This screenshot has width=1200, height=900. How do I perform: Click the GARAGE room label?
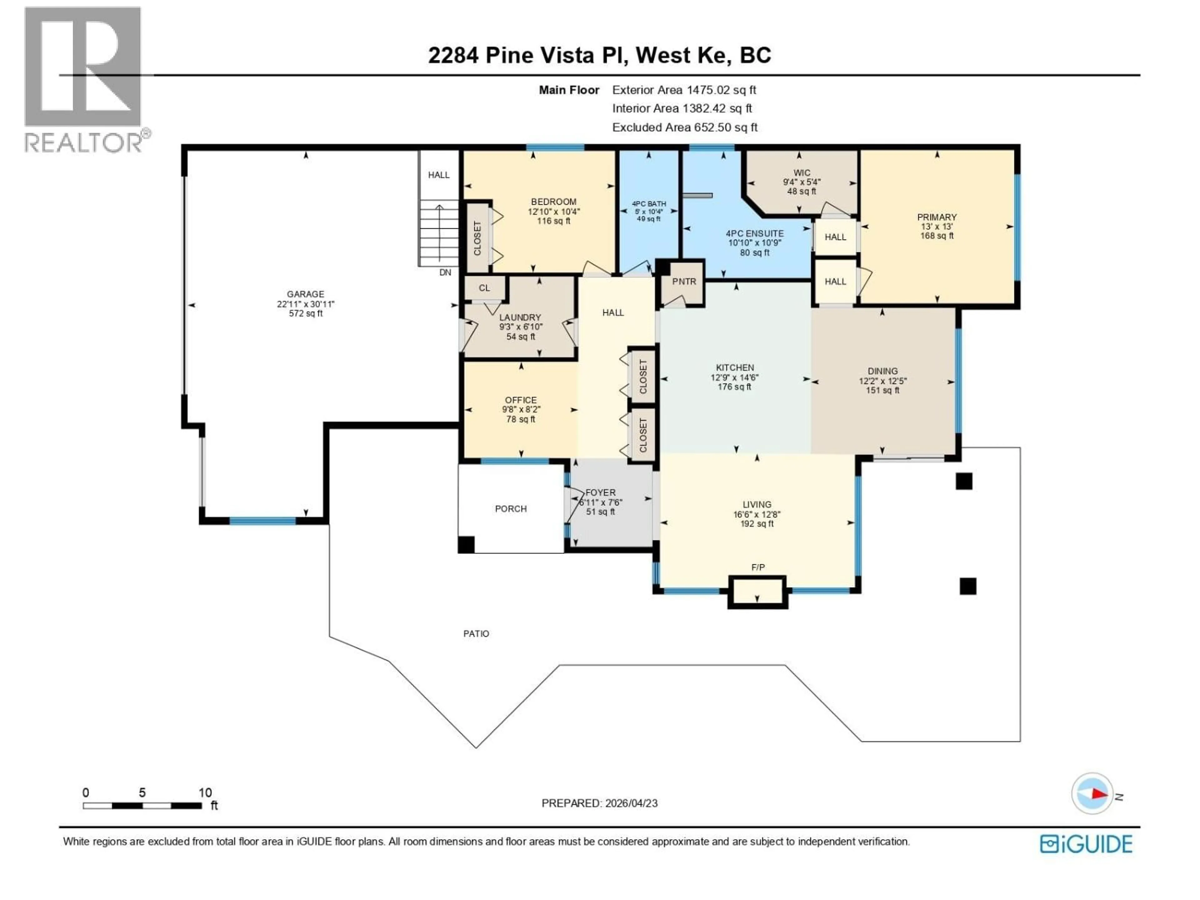coord(305,294)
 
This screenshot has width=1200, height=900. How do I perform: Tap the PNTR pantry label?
coord(683,282)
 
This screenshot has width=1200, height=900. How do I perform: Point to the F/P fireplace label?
coord(758,567)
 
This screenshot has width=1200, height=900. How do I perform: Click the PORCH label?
coord(511,509)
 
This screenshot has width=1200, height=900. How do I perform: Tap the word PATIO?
coord(476,634)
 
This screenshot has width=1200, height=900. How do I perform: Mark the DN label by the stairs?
coord(445,272)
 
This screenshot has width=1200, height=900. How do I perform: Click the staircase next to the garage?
coord(438,233)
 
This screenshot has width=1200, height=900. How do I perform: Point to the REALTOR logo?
coord(84,81)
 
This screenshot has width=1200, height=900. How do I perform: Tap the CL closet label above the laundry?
coord(484,288)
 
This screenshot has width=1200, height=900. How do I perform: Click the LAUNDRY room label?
coord(520,317)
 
